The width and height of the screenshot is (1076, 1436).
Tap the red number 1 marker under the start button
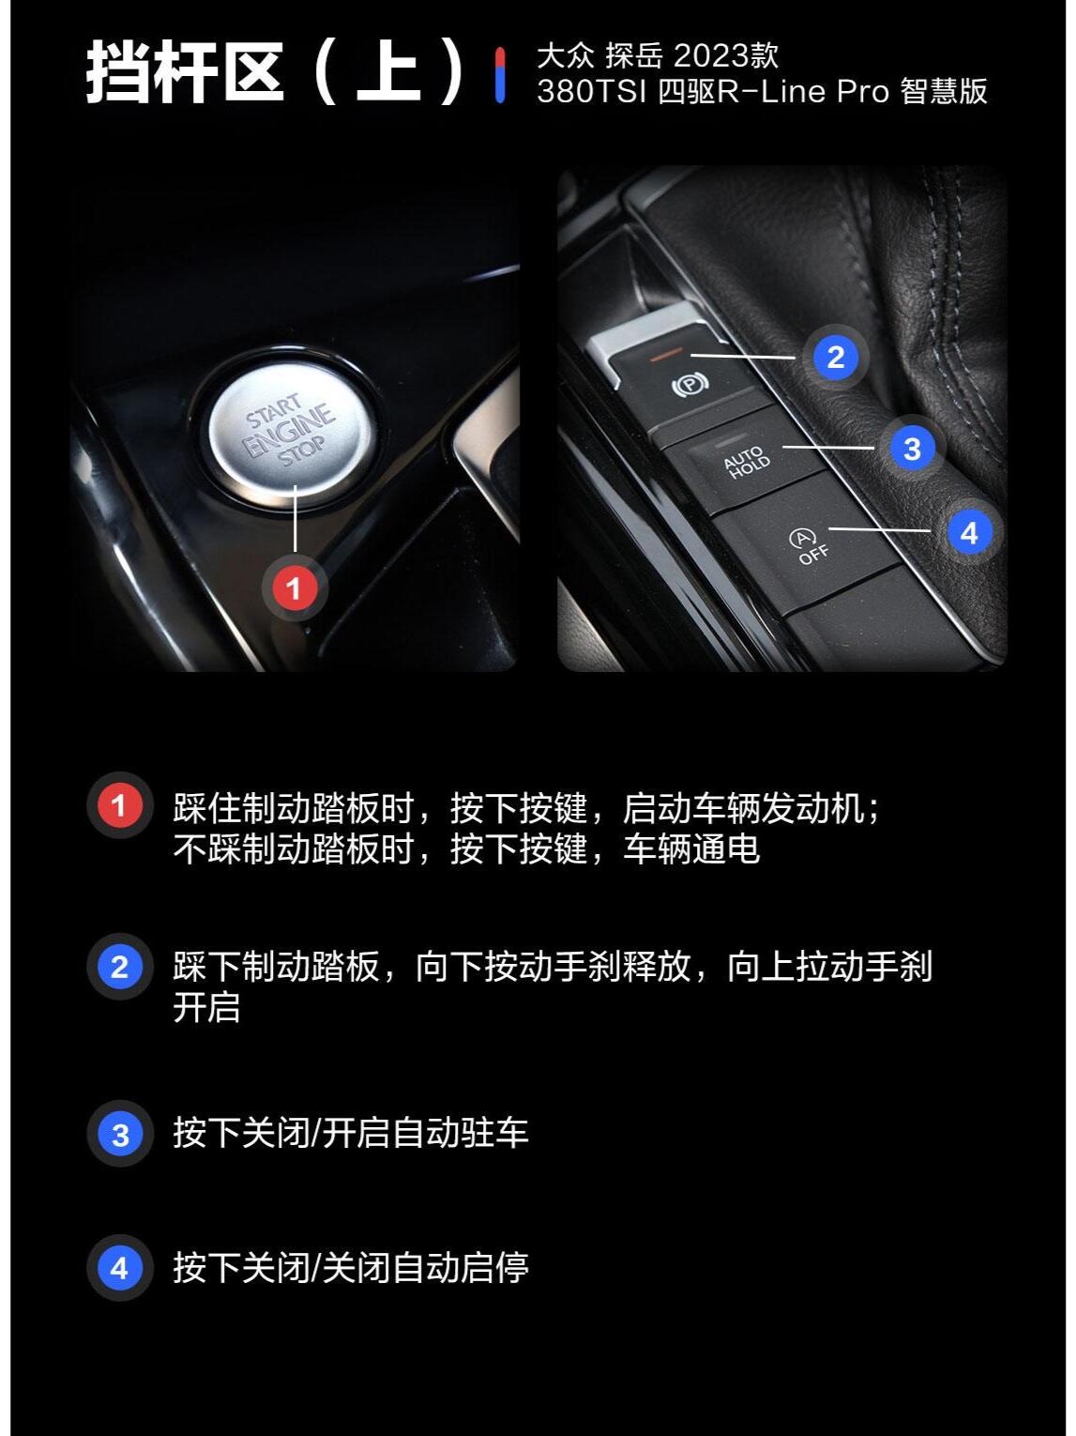(294, 588)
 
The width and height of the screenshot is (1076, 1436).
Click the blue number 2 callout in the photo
(835, 357)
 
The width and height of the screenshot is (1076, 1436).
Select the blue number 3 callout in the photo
(911, 449)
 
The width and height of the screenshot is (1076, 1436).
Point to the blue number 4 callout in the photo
(969, 533)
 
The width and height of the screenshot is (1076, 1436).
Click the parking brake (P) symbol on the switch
(690, 384)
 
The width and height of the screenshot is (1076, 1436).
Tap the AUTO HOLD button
(747, 463)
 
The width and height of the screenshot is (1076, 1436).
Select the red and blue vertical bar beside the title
(500, 74)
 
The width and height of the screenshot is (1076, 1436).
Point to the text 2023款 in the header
(725, 55)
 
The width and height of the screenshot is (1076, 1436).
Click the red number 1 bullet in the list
(119, 805)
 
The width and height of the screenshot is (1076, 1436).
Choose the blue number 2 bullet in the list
(119, 967)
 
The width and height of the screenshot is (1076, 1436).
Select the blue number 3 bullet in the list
(119, 1134)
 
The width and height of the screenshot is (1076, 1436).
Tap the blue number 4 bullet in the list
(119, 1268)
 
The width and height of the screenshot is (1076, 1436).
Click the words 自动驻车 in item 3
(460, 1133)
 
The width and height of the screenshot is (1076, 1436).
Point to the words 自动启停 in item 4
(460, 1268)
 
